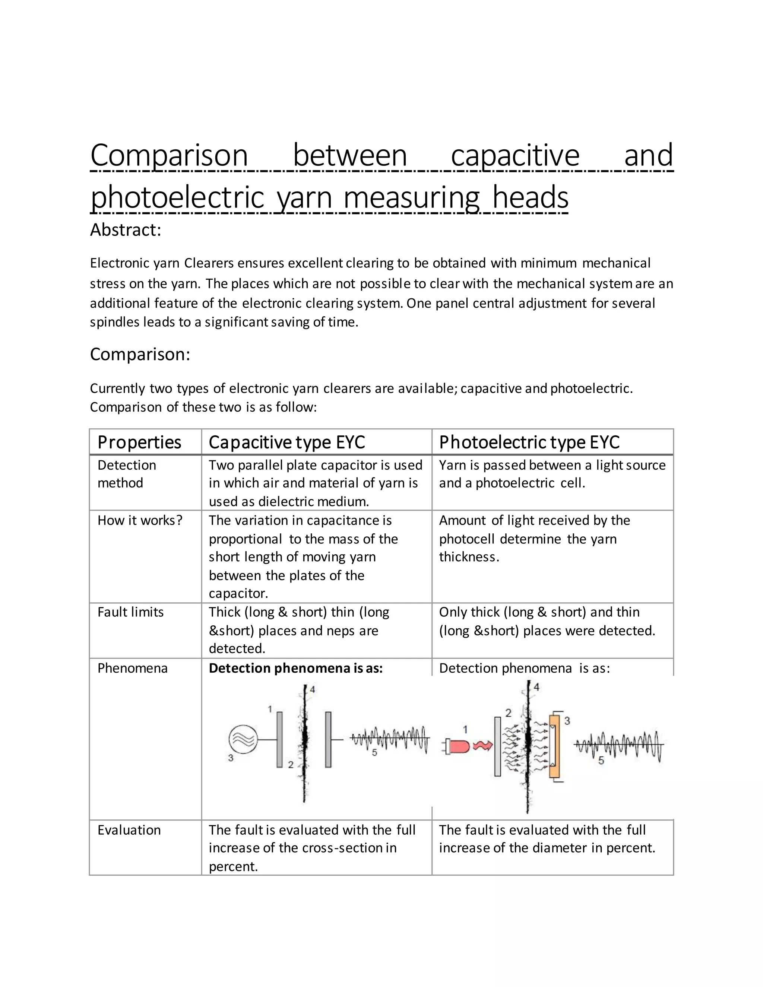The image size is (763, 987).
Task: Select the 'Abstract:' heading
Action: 125,230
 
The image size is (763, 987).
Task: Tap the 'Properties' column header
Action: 139,442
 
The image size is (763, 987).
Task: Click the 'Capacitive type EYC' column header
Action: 286,442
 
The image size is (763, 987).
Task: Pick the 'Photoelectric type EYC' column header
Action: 529,442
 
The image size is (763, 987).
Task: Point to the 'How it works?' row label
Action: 140,520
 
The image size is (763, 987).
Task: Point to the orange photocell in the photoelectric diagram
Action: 554,746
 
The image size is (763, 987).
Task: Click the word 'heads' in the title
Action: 530,197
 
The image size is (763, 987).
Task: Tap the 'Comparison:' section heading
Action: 140,354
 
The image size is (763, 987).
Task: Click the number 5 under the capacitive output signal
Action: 374,753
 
